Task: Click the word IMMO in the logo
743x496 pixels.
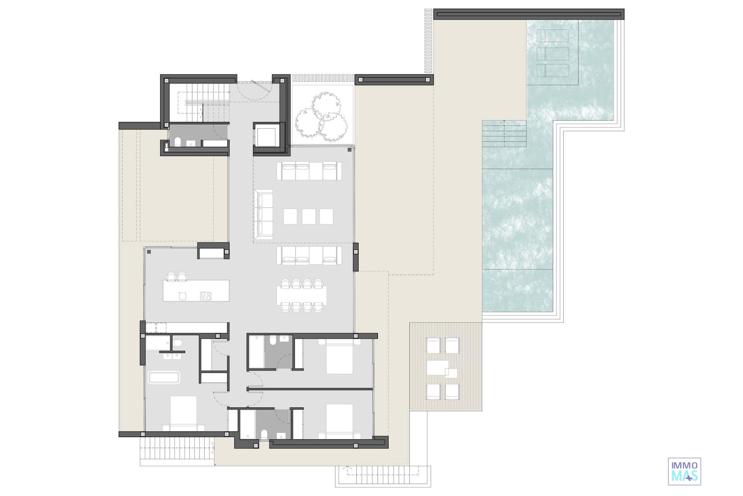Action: click(x=685, y=465)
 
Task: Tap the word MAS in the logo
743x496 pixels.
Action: click(x=685, y=476)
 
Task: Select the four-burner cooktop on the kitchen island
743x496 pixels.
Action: click(x=205, y=296)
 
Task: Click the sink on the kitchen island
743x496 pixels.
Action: click(x=182, y=296)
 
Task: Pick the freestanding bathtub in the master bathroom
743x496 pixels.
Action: click(x=164, y=377)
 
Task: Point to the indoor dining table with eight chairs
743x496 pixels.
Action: click(x=302, y=295)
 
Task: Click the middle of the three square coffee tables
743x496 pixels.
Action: click(x=308, y=216)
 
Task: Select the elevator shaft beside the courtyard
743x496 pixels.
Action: click(x=267, y=135)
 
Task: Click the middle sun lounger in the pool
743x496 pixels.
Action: click(x=553, y=54)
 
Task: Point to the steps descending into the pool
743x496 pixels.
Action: click(x=504, y=134)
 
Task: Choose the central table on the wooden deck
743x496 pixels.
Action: click(x=438, y=368)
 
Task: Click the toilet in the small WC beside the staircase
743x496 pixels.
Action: click(x=178, y=142)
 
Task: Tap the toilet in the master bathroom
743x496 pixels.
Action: click(x=178, y=343)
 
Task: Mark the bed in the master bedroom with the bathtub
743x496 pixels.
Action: click(x=183, y=413)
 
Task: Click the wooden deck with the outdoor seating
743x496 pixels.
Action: click(x=446, y=366)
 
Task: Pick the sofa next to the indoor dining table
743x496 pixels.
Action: click(x=309, y=256)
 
